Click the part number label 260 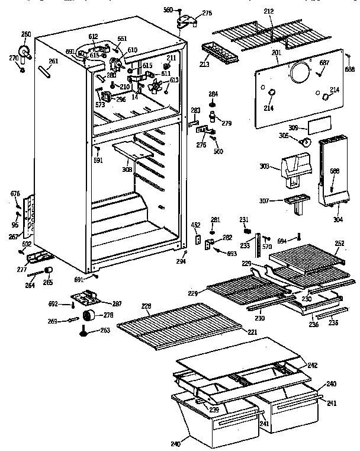tap(26, 34)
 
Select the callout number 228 tap(146, 306)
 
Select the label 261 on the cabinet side tap(54, 61)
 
